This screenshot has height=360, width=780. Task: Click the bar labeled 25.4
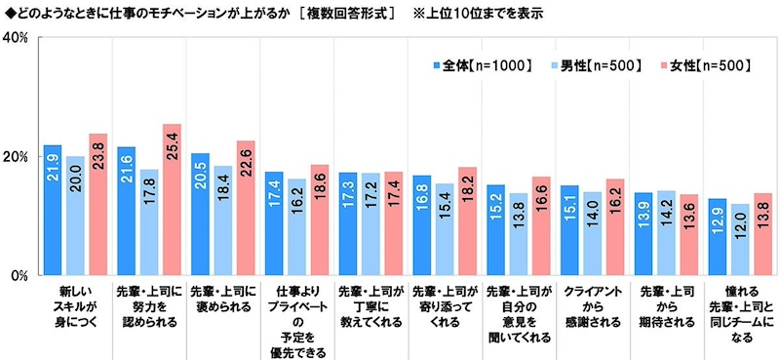172,200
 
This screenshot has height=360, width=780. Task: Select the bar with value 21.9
53,210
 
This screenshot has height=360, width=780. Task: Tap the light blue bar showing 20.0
75,216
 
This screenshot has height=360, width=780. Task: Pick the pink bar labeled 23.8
97,205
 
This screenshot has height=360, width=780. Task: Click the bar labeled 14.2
665,233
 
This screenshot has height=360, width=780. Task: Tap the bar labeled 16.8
421,225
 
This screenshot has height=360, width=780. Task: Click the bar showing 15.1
569,230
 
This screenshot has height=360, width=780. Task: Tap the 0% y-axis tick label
19,276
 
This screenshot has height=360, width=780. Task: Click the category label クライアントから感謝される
592,307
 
